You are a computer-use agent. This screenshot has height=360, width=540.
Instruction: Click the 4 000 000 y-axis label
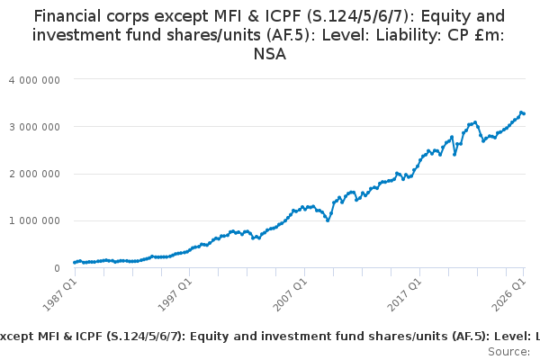click(34, 80)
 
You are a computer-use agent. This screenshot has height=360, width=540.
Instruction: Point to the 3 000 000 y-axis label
click(34, 127)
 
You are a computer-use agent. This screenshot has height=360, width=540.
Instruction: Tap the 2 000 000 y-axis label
click(34, 174)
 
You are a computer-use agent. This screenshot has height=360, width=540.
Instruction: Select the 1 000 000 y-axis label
click(34, 220)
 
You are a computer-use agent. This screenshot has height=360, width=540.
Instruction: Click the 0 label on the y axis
click(58, 268)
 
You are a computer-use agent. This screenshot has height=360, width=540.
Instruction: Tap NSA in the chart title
click(270, 54)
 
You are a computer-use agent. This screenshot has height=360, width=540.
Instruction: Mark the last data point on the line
click(524, 113)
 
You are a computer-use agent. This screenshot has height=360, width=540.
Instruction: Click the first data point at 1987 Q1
click(75, 263)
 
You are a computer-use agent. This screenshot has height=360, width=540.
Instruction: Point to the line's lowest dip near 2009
click(328, 220)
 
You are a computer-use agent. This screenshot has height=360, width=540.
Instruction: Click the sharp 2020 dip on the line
click(454, 155)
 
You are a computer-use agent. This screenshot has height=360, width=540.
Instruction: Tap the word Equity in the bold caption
click(206, 337)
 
